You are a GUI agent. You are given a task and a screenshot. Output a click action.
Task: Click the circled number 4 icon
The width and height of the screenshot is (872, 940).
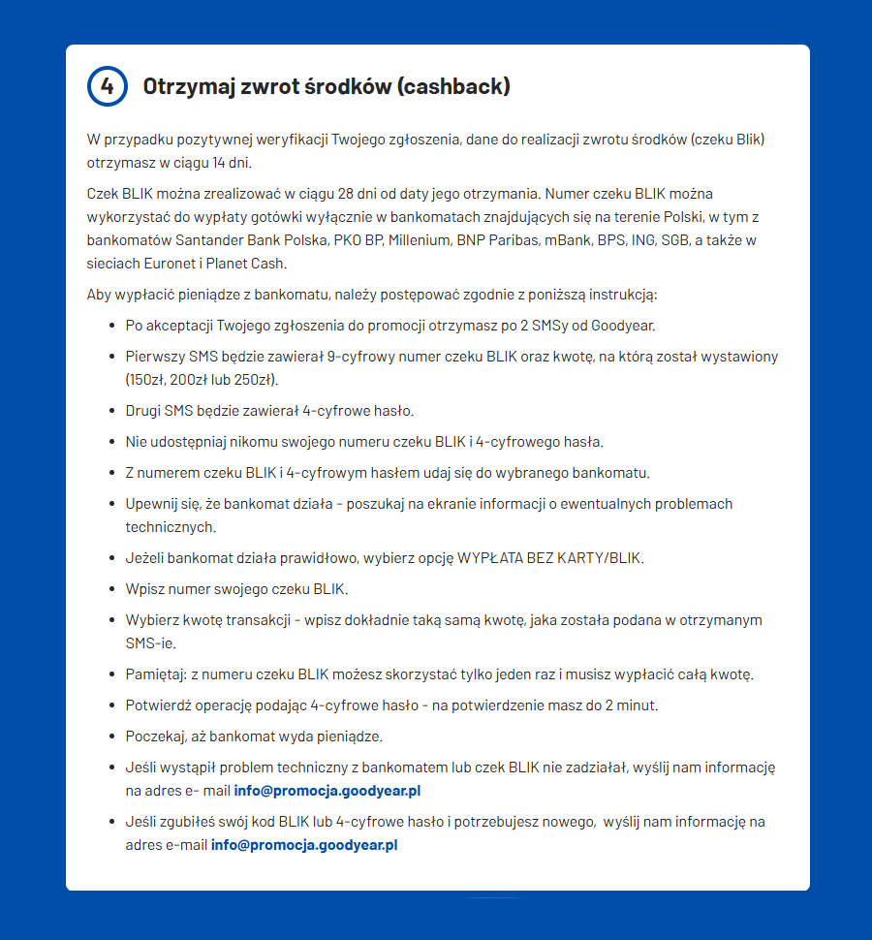(108, 86)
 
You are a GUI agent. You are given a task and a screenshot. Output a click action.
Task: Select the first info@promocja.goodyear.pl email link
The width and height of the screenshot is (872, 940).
(327, 791)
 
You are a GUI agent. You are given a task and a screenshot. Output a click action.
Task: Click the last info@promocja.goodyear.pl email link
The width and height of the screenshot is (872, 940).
(304, 845)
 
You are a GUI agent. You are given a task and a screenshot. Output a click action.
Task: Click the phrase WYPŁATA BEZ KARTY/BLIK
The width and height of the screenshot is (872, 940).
(550, 558)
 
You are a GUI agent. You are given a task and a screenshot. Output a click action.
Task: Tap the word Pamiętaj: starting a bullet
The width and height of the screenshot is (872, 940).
(156, 674)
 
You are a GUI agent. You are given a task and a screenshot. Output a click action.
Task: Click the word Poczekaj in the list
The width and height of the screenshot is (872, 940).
(156, 736)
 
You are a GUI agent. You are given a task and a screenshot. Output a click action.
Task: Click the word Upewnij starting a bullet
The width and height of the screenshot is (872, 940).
(152, 504)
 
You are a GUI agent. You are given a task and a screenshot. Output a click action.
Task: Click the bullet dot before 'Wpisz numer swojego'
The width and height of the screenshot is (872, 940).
(113, 589)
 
